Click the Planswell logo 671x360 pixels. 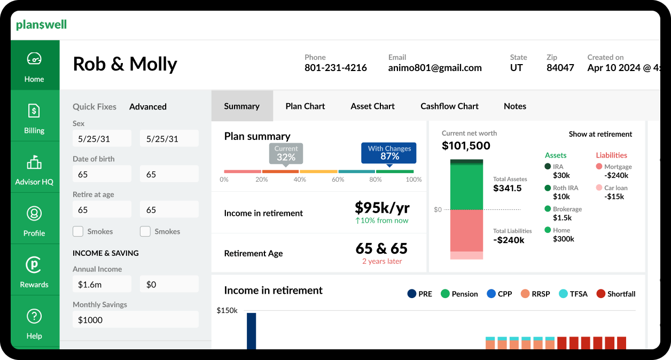point(41,25)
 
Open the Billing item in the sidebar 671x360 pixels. point(34,118)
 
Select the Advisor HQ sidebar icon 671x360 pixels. point(34,162)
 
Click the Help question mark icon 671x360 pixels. point(34,316)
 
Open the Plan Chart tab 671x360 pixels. point(305,106)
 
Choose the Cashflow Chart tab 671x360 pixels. point(449,106)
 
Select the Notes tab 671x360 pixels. point(515,106)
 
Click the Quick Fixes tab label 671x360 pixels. point(95,107)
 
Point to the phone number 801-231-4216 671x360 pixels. point(335,68)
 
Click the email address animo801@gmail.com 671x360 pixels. point(435,68)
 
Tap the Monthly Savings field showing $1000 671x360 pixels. point(135,320)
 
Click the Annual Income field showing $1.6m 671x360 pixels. point(102,285)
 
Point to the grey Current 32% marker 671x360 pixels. point(286,153)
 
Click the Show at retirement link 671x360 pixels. point(600,134)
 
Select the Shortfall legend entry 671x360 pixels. point(616,294)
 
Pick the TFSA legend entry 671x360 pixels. point(573,294)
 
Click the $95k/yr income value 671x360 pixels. point(382,208)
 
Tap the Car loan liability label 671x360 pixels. point(615,188)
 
